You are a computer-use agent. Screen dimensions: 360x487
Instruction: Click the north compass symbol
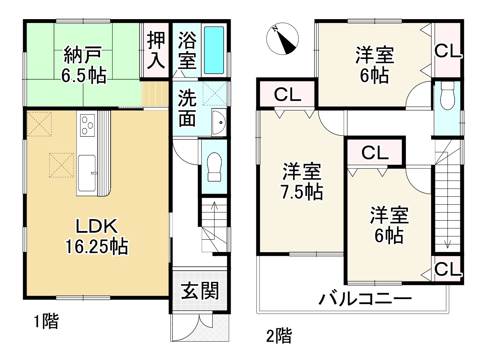click(282, 39)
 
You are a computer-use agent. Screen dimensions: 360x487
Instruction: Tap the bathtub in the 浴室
click(214, 50)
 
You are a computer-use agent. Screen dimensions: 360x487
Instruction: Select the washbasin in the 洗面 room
click(219, 123)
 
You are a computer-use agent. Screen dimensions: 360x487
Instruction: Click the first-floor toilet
click(214, 166)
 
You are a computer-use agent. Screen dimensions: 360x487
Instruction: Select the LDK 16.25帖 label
click(96, 237)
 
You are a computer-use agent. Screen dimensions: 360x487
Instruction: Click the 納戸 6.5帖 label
click(83, 65)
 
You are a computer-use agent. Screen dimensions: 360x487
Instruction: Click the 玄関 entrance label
click(200, 291)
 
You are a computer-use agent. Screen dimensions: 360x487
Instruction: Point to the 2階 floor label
click(278, 335)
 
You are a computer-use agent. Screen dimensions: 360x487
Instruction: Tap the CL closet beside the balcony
click(448, 269)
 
